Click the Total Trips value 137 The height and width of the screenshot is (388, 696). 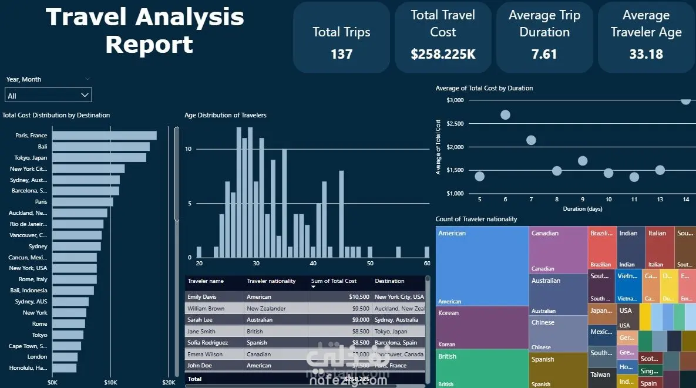coord(341,55)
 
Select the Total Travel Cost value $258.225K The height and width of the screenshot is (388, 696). coord(443,55)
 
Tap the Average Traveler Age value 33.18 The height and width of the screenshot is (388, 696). coord(646,55)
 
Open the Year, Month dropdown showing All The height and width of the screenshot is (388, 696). coord(48,95)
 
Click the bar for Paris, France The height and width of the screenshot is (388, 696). coord(105,136)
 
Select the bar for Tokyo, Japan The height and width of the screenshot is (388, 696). coord(99,158)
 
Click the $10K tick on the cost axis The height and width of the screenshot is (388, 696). coord(110,382)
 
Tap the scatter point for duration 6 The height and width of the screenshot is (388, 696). coord(505,114)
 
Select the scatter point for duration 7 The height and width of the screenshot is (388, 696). coord(531,140)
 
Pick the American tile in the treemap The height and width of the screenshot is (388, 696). coord(482,264)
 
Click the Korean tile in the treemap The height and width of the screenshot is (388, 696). coord(482,328)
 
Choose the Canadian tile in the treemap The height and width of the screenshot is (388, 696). coord(558,249)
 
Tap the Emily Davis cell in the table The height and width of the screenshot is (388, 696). coord(202,297)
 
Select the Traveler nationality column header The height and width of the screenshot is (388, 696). coord(271,281)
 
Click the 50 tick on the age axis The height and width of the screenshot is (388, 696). coord(370,264)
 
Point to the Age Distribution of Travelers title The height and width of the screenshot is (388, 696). coord(226,115)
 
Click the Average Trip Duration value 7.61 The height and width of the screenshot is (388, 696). coord(544,55)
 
